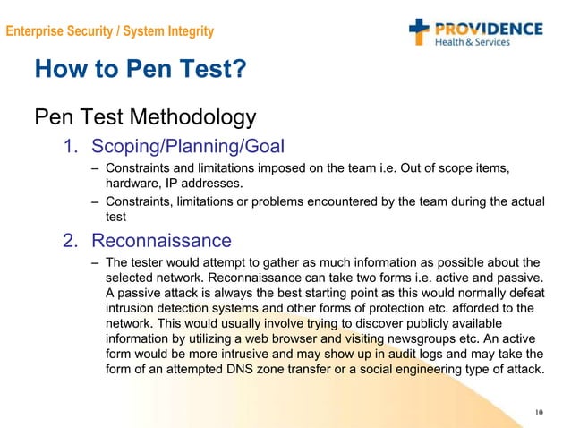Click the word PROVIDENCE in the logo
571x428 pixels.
click(x=489, y=27)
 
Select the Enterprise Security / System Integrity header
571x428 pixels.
click(x=109, y=31)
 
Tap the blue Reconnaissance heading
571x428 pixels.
click(x=161, y=240)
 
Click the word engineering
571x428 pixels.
click(x=426, y=372)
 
